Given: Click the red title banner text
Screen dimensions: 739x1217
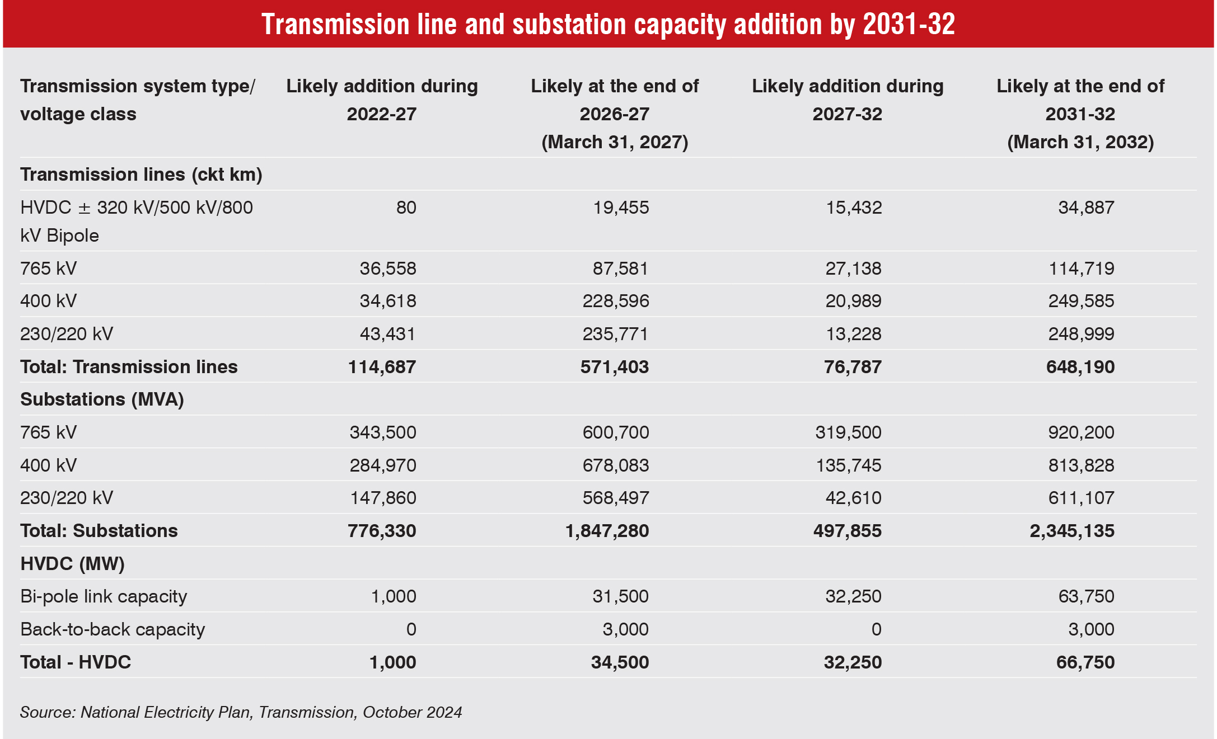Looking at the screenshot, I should [x=608, y=25].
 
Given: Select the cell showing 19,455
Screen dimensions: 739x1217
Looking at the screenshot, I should [x=621, y=208].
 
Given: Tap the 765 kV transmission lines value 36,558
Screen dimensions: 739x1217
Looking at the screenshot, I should [x=388, y=269].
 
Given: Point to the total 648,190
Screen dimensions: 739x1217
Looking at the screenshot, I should [x=1080, y=367].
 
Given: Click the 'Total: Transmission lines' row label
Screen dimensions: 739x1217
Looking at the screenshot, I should [x=129, y=367].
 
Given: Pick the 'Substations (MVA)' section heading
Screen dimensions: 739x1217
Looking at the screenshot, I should [x=102, y=399].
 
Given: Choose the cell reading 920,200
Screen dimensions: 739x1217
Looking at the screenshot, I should [x=1081, y=432].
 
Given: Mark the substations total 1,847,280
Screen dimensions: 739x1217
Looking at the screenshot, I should [x=607, y=531].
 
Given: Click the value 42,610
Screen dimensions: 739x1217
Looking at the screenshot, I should [x=853, y=498].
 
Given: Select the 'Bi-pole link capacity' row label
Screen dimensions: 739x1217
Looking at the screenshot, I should [x=104, y=596].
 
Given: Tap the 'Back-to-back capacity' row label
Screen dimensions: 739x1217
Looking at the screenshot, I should [x=113, y=629].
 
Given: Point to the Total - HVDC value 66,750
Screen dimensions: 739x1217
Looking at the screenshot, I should [x=1085, y=662].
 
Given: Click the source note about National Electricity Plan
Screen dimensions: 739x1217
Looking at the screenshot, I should [x=241, y=712].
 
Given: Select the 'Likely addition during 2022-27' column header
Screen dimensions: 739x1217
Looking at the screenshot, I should [x=382, y=100].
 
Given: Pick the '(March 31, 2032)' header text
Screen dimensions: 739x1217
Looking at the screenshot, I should [x=1080, y=142].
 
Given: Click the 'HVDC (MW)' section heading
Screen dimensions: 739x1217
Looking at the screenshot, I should [x=72, y=563].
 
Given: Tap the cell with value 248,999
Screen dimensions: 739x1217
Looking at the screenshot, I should [x=1081, y=334].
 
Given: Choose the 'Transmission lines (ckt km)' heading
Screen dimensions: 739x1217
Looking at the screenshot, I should [x=141, y=175].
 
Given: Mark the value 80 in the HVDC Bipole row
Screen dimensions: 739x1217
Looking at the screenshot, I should [x=406, y=208].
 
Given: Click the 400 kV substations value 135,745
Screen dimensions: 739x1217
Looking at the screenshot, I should [x=848, y=465].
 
